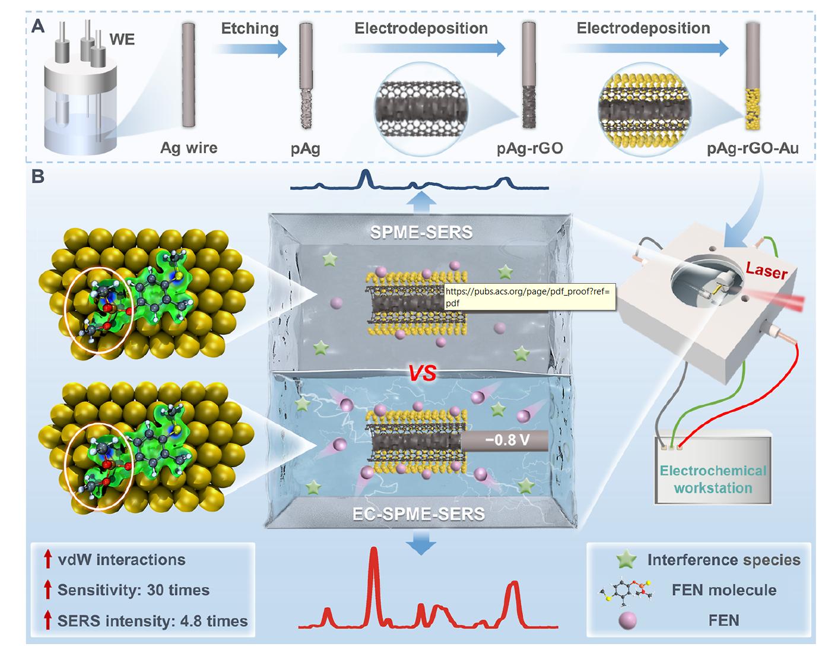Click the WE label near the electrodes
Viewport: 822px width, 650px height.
click(x=122, y=39)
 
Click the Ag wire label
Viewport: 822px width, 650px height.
click(x=189, y=147)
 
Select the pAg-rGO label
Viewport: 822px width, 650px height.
click(x=529, y=148)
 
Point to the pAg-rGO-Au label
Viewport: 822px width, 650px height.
click(x=753, y=148)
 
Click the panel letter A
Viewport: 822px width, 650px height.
click(x=38, y=27)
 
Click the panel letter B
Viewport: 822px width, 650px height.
click(x=37, y=177)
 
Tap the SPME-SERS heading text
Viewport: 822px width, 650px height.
click(x=421, y=232)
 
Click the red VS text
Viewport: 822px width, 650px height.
click(x=421, y=373)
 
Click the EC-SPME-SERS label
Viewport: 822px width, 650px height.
click(x=418, y=513)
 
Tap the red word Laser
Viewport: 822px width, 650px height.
click(x=767, y=271)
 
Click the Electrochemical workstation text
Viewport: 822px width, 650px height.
click(x=713, y=479)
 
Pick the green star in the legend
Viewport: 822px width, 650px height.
click(x=627, y=560)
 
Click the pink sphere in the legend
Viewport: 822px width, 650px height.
click(x=627, y=621)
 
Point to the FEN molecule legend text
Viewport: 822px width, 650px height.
click(x=723, y=590)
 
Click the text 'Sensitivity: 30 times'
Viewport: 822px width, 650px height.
click(x=134, y=590)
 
